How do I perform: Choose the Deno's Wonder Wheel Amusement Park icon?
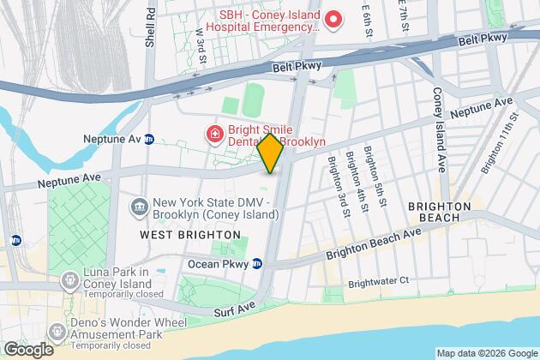point(57,330)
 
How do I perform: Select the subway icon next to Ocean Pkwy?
point(256,264)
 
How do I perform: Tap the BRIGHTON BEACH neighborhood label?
point(439,213)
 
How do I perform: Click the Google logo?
point(27,349)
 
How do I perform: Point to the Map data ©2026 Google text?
point(485,352)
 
